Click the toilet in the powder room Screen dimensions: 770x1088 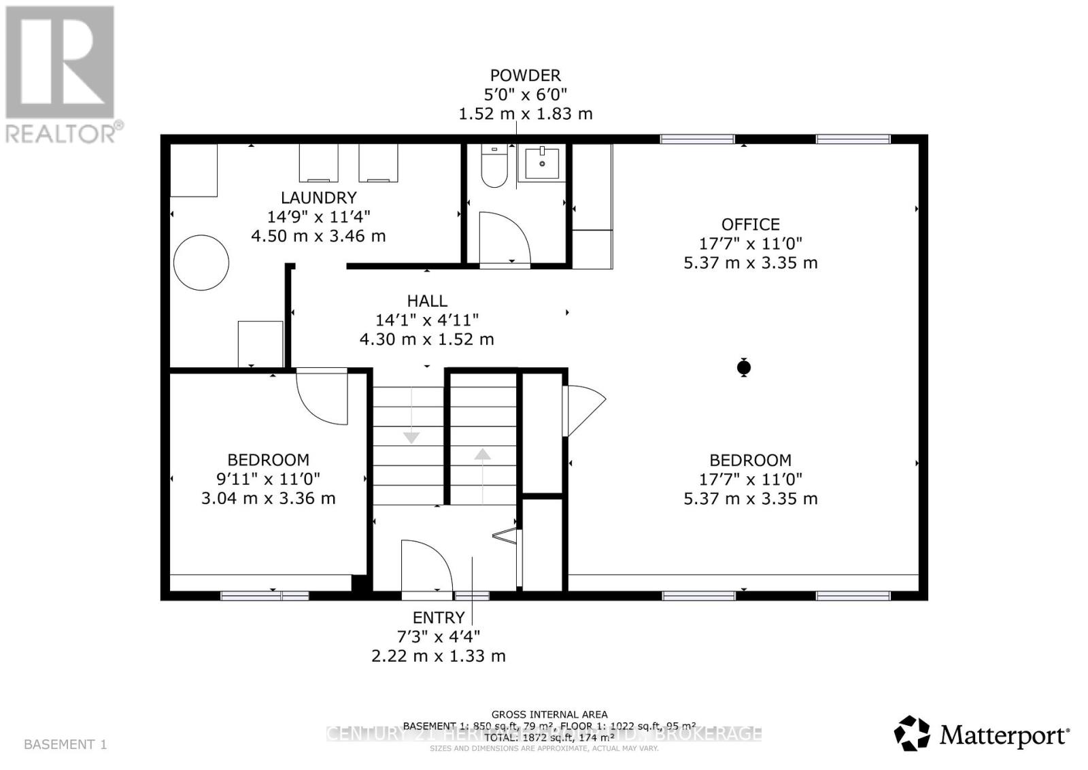click(x=494, y=167)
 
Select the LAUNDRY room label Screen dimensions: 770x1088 click(x=318, y=198)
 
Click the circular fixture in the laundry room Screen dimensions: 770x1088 click(x=201, y=263)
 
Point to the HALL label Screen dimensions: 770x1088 click(x=427, y=301)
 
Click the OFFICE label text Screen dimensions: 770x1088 click(x=750, y=224)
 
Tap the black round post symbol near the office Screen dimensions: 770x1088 click(x=744, y=368)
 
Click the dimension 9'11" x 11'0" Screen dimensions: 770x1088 click(x=268, y=479)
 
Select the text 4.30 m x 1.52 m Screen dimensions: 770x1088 click(x=426, y=339)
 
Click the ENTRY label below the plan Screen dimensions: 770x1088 click(x=439, y=618)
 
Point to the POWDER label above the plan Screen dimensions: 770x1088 click(x=525, y=76)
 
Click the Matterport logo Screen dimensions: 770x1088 click(x=981, y=735)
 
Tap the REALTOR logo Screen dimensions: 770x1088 click(x=61, y=75)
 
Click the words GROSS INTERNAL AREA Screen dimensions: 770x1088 click(x=549, y=714)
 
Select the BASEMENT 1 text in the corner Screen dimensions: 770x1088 click(x=65, y=744)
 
